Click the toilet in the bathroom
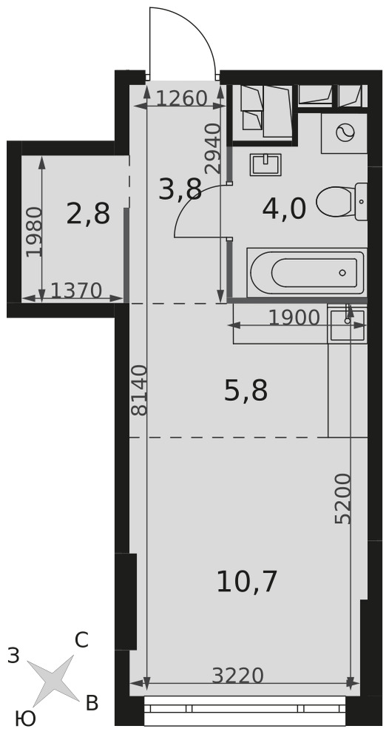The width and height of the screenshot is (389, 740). point(342,202)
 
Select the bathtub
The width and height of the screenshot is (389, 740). point(307,273)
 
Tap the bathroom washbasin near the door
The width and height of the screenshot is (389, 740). point(265,164)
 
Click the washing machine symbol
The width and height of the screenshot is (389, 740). point(344,133)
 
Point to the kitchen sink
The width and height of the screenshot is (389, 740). point(347,324)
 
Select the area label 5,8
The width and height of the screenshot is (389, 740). point(246,391)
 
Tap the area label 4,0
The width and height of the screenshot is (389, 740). point(284,209)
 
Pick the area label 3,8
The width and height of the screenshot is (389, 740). point(180,189)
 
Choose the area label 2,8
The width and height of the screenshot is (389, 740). point(88,213)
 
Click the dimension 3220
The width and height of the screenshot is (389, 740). point(237,676)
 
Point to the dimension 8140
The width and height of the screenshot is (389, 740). point(140,390)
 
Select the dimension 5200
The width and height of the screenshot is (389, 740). point(343,498)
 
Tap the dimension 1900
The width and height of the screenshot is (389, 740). point(294,318)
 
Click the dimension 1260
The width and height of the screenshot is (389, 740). point(181,99)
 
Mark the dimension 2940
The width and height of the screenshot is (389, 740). point(213,148)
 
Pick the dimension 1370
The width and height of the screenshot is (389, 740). point(76,291)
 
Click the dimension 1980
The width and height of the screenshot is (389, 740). point(35,232)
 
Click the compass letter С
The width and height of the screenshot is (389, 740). point(81,640)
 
